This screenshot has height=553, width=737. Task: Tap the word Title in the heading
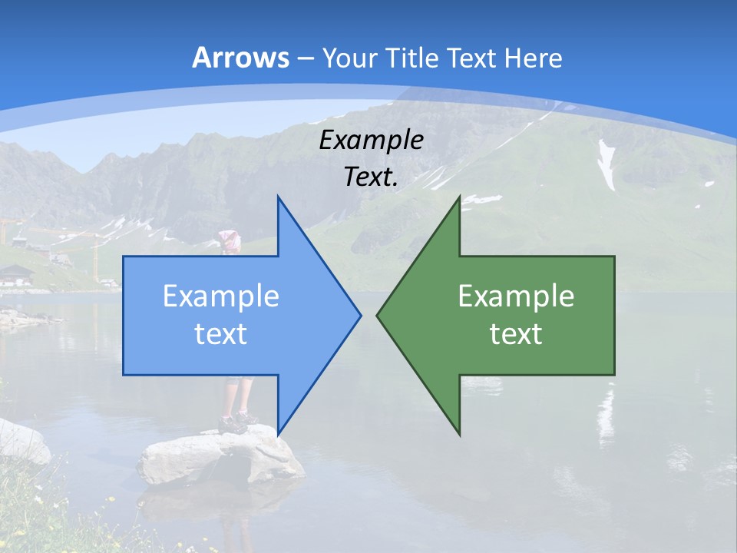[412, 58]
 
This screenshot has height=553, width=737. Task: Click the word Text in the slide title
[473, 58]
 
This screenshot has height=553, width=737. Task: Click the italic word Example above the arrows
[371, 141]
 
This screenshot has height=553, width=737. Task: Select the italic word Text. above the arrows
[371, 177]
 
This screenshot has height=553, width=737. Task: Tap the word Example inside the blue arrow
[221, 296]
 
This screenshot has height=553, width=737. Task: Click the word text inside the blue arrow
[221, 334]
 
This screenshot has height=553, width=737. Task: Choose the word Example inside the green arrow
[516, 296]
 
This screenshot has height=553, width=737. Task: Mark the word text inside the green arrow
[516, 334]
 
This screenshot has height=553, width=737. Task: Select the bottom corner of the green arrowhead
[459, 434]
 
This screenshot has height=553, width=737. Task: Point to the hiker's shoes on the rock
[234, 422]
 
